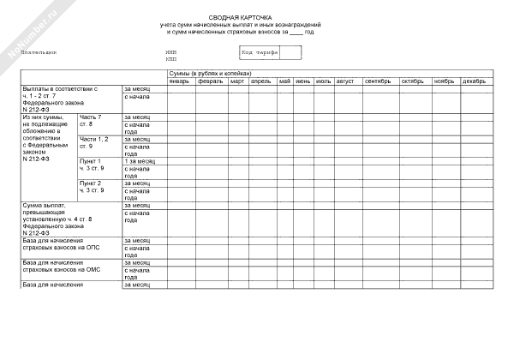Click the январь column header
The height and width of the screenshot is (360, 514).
(x=179, y=81)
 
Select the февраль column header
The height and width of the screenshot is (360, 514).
(x=210, y=81)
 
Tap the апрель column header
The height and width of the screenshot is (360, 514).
(x=261, y=81)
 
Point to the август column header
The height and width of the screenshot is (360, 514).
(x=345, y=81)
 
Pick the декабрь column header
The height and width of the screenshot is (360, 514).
(x=474, y=81)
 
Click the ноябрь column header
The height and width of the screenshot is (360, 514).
(x=444, y=81)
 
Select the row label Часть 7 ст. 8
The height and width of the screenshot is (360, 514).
(x=90, y=120)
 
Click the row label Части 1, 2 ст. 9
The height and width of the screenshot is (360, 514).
(x=93, y=142)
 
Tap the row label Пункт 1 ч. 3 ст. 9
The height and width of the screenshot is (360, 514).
(x=91, y=165)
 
